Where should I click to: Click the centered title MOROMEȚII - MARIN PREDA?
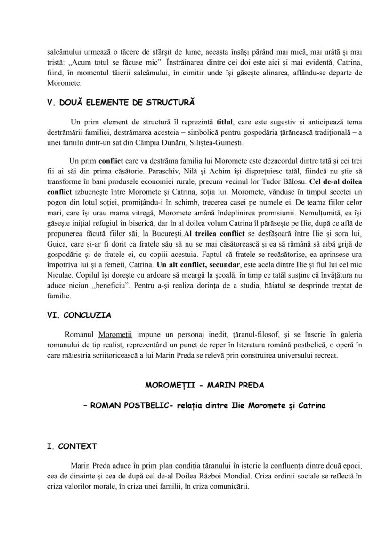click(x=204, y=385)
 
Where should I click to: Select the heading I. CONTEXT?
click(x=72, y=446)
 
